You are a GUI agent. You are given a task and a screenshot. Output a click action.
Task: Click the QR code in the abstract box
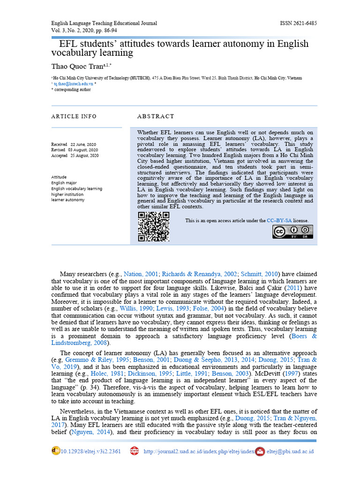153,227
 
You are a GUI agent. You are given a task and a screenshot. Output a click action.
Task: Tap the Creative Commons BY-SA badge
292,232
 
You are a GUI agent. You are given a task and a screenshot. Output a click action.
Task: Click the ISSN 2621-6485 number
298,23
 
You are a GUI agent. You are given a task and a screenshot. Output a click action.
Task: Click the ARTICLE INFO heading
74,116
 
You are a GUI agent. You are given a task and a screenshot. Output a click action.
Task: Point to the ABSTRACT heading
156,116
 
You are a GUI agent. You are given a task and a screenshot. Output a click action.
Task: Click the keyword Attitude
59,177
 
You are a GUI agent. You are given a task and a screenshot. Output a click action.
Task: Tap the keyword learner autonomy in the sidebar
68,200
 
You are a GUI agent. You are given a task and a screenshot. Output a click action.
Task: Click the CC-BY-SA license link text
289,220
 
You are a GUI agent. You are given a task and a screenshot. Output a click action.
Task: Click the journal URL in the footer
199,451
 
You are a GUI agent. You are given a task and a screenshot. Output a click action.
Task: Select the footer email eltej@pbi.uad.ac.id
290,451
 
